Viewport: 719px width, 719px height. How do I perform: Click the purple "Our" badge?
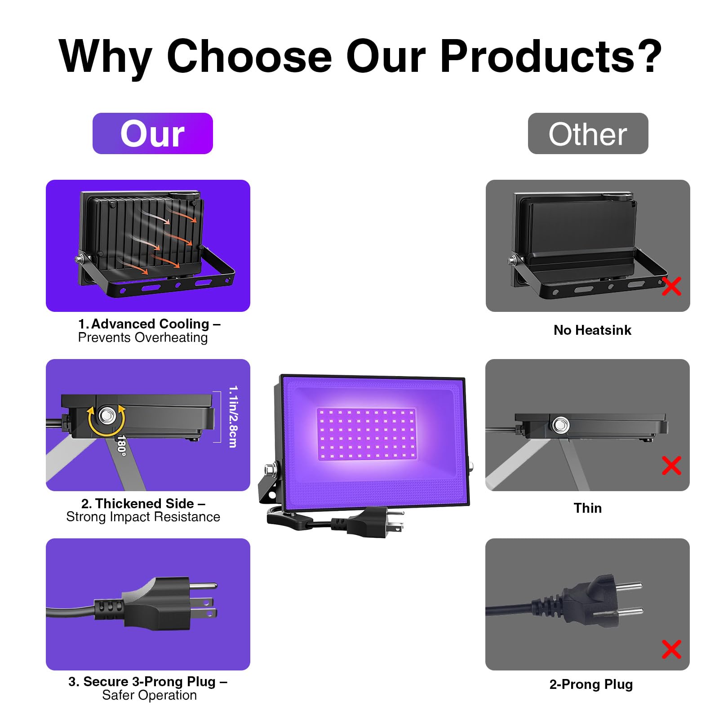click(152, 133)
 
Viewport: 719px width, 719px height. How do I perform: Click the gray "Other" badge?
click(588, 133)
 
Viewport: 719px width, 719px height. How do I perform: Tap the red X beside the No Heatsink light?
click(671, 286)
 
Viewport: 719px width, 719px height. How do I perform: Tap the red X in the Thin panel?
click(671, 466)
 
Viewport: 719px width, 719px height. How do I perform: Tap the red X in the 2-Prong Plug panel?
click(671, 649)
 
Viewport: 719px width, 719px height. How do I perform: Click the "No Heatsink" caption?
click(592, 330)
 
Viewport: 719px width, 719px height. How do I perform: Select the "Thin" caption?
click(587, 508)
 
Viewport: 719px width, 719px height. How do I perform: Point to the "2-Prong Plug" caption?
click(591, 684)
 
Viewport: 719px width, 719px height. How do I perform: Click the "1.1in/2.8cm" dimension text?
click(233, 417)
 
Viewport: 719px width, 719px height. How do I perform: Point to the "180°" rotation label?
click(121, 445)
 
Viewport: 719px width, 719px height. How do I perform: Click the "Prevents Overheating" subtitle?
click(143, 337)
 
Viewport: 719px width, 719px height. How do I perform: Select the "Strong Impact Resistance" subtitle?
click(143, 517)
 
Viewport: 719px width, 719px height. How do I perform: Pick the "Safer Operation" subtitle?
click(149, 695)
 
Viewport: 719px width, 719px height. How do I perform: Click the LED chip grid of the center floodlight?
click(367, 434)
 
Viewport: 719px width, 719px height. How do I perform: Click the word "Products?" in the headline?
click(551, 56)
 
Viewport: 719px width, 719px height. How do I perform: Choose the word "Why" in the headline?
click(106, 57)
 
